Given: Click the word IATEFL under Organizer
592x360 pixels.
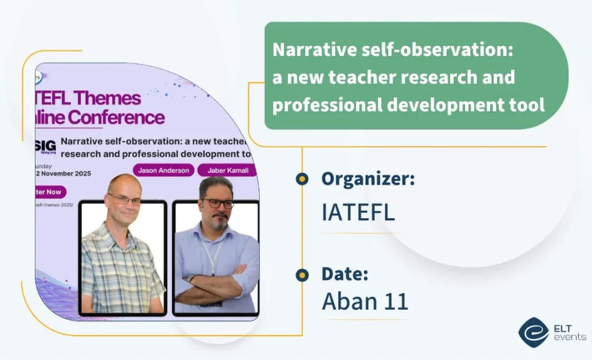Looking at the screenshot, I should coord(358,213).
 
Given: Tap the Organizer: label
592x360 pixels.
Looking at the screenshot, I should coord(368,179).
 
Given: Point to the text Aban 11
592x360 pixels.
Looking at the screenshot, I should coord(364,301).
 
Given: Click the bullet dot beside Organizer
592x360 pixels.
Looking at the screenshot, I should coord(302,179).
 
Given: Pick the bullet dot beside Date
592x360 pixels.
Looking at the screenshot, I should coord(302,274).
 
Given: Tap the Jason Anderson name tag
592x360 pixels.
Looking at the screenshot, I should coord(164,170).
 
